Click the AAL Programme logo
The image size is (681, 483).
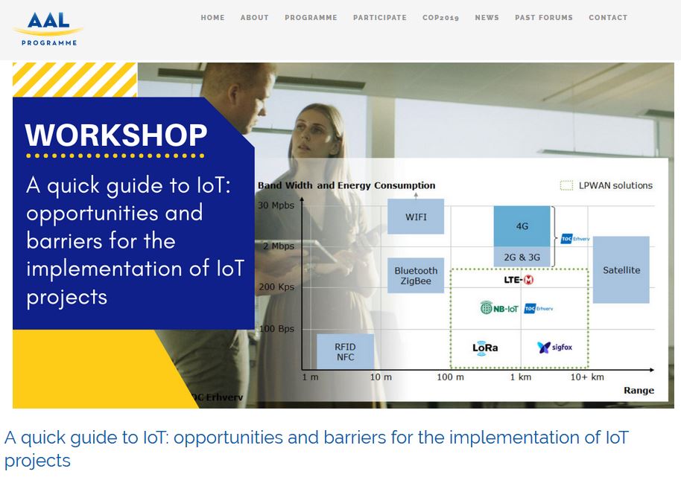point(48,28)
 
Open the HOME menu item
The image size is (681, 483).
point(212,18)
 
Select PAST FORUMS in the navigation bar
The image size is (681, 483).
point(544,18)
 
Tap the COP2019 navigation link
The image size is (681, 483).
point(440,18)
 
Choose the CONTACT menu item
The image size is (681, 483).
point(608,18)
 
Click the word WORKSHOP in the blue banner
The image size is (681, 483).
point(116,135)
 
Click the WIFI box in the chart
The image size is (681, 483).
point(416,217)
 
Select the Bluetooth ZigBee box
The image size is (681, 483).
point(416,275)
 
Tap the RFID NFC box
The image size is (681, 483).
point(345,351)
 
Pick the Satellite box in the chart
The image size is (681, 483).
point(621,270)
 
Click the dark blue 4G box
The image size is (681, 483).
point(522,226)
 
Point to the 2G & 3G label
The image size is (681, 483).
point(522,258)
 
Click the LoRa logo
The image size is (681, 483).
point(485,348)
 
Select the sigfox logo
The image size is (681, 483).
point(554,347)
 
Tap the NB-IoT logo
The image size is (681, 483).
point(499,308)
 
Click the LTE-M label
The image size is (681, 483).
point(519,280)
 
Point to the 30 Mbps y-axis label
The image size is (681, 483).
point(276,205)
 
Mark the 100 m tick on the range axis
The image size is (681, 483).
point(450,377)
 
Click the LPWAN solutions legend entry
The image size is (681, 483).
point(606,186)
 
